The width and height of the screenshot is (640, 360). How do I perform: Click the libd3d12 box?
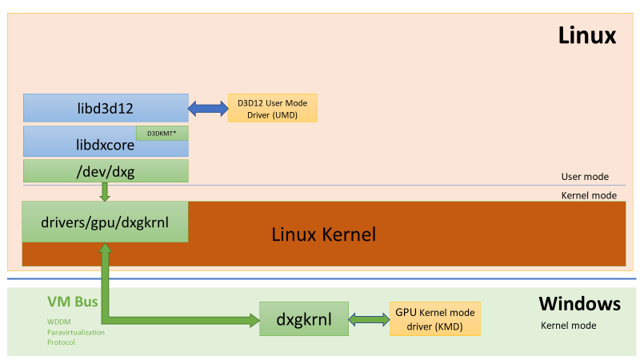pyautogui.click(x=106, y=108)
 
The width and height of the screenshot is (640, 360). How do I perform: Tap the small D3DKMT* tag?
pyautogui.click(x=162, y=133)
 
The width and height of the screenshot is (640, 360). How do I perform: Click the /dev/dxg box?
pyautogui.click(x=106, y=170)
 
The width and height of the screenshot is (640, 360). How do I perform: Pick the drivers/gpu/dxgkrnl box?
pyautogui.click(x=105, y=222)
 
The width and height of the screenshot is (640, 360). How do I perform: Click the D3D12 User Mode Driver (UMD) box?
pyautogui.click(x=273, y=108)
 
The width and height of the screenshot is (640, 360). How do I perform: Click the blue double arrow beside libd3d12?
pyautogui.click(x=208, y=108)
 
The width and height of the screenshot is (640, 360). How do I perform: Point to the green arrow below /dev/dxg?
pyautogui.click(x=105, y=191)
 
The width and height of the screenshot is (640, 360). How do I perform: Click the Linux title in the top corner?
pyautogui.click(x=586, y=35)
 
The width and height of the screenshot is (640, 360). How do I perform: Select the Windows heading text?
pyautogui.click(x=579, y=304)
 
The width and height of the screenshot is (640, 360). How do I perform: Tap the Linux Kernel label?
pyautogui.click(x=323, y=235)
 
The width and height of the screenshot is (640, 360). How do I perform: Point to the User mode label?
pyautogui.click(x=585, y=177)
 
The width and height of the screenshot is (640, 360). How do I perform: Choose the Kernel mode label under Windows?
pyautogui.click(x=569, y=326)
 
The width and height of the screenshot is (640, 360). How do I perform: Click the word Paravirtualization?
pyautogui.click(x=75, y=331)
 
